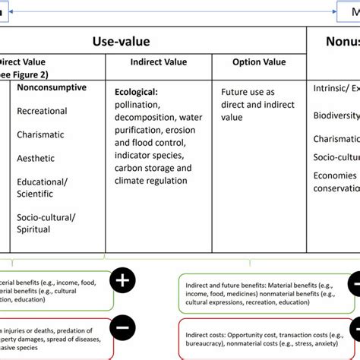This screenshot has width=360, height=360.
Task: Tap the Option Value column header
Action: click(x=258, y=62)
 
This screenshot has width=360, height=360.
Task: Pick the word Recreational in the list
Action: click(x=42, y=111)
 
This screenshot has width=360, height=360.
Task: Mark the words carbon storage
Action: click(x=146, y=168)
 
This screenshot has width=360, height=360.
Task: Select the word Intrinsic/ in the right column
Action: click(x=335, y=89)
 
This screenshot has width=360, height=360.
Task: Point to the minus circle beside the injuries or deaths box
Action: click(x=122, y=327)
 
